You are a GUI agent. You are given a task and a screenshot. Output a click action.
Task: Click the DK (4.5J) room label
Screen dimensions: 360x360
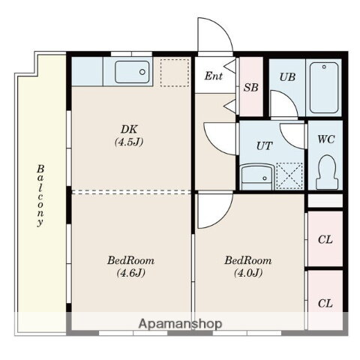pos(129,136)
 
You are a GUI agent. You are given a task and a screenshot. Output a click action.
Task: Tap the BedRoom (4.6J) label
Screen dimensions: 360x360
pos(130,266)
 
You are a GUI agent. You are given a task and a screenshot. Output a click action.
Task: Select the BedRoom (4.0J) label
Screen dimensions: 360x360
pos(248,266)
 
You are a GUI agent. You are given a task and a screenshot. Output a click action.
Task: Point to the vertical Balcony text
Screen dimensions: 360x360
pos(40,196)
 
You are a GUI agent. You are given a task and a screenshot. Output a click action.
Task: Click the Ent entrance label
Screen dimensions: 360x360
pos(213,76)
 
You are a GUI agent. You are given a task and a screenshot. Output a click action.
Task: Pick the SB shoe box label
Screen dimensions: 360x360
pos(250,88)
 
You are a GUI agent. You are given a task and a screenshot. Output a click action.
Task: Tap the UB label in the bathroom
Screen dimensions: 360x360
pos(287,77)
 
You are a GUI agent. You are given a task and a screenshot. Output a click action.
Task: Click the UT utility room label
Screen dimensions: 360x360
pos(265,145)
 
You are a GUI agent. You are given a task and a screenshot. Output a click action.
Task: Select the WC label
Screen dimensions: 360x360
pos(326,139)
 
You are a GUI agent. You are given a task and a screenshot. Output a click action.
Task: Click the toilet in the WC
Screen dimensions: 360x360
pos(327,172)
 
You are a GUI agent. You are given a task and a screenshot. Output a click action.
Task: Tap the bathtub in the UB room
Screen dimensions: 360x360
pos(324,88)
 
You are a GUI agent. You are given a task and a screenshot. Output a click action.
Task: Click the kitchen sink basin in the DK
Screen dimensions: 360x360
pos(132,72)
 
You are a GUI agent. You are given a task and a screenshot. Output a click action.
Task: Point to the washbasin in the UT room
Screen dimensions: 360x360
pos(257,177)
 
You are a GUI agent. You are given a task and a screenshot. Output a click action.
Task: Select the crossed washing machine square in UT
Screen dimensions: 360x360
pos(289,175)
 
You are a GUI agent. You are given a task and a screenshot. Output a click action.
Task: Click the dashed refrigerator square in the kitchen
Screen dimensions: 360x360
pos(175,73)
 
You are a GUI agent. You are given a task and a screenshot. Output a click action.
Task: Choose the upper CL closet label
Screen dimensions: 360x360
pos(325,240)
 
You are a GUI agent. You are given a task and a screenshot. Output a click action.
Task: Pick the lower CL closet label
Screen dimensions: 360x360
pos(325,304)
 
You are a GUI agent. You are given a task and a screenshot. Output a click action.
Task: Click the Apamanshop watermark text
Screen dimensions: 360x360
pos(180,323)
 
